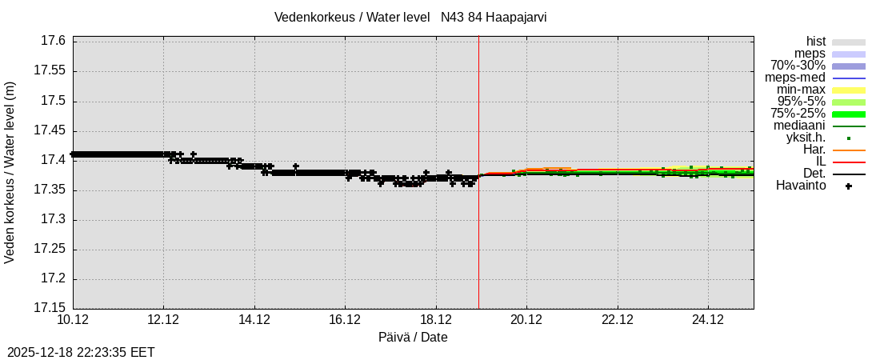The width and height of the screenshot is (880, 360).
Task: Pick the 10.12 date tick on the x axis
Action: tap(73, 320)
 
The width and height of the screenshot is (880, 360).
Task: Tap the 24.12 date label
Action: tap(708, 320)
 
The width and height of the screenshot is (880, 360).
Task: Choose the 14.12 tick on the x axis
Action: tap(254, 320)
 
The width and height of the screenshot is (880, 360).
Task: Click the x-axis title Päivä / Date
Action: tap(413, 338)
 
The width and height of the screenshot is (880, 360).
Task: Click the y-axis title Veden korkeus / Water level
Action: tap(10, 172)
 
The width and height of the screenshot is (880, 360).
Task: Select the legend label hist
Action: tap(815, 42)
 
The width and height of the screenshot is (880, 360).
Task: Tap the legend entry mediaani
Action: tap(799, 126)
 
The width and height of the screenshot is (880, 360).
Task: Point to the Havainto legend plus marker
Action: tap(849, 186)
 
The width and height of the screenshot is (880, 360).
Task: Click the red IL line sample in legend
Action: tap(849, 162)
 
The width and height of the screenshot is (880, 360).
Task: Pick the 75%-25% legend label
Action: tap(798, 114)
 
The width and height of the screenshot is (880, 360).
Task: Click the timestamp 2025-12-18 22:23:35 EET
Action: tap(81, 352)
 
